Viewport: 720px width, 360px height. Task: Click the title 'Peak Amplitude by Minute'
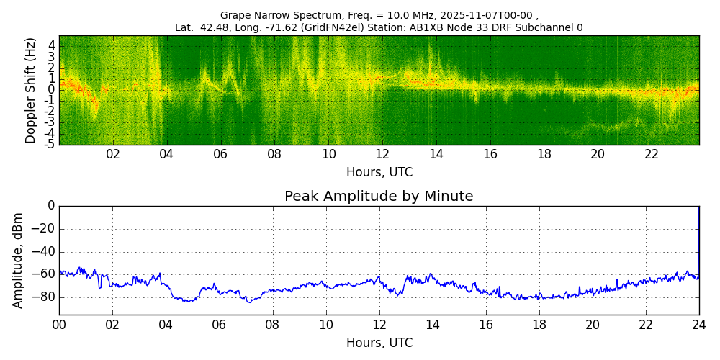(x=379, y=197)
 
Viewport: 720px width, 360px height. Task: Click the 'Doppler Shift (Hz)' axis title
(x=30, y=90)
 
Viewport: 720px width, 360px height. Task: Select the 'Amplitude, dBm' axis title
(x=18, y=260)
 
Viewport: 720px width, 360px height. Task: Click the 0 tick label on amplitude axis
(x=51, y=206)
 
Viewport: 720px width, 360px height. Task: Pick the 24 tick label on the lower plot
(x=699, y=325)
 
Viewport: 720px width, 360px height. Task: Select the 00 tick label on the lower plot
(x=59, y=325)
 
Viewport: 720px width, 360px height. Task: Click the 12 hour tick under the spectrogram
(x=382, y=155)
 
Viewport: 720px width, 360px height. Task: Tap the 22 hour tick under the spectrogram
(x=652, y=155)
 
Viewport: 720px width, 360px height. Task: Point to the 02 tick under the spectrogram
(x=113, y=155)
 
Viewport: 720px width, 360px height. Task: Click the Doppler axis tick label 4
(x=51, y=45)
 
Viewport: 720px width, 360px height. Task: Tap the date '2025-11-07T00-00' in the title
(x=491, y=15)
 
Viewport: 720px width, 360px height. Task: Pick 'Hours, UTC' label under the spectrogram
(x=379, y=173)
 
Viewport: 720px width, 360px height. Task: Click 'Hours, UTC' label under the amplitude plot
(x=379, y=343)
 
